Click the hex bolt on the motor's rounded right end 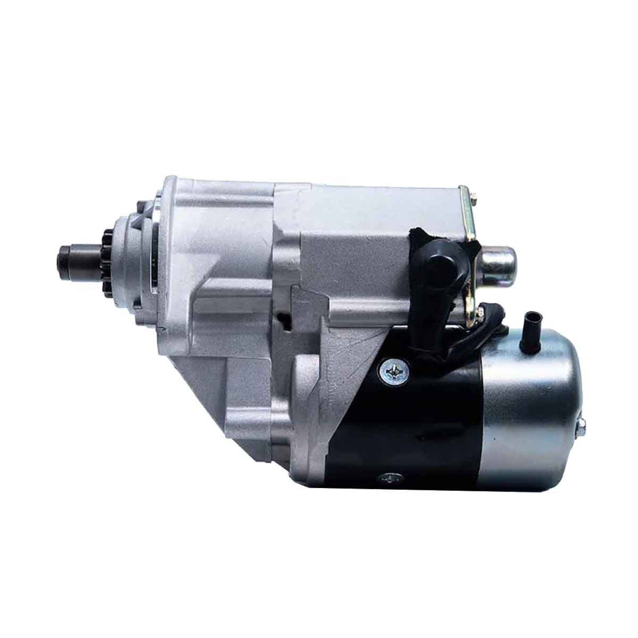pos(581,427)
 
